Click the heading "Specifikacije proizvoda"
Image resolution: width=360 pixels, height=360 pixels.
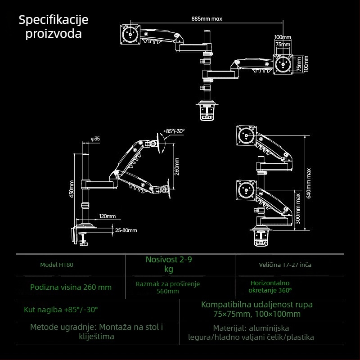point(54,27)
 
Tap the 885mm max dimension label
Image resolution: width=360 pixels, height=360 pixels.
point(207,19)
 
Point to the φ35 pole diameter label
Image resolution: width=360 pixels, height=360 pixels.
point(95,139)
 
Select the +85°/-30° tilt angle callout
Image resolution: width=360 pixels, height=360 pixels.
point(174,130)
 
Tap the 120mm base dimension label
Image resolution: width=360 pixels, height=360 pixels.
point(107,216)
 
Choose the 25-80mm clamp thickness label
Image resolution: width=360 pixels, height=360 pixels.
point(126,230)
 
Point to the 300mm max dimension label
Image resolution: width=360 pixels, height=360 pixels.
point(298,210)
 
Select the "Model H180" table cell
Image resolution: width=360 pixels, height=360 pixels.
point(56,265)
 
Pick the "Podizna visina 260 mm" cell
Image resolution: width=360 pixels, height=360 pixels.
point(71,287)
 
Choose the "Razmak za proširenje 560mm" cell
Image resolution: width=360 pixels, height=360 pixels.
point(167,288)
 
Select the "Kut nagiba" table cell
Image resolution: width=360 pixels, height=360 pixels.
point(60,310)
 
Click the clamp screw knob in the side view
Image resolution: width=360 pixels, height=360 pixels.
point(83,243)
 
